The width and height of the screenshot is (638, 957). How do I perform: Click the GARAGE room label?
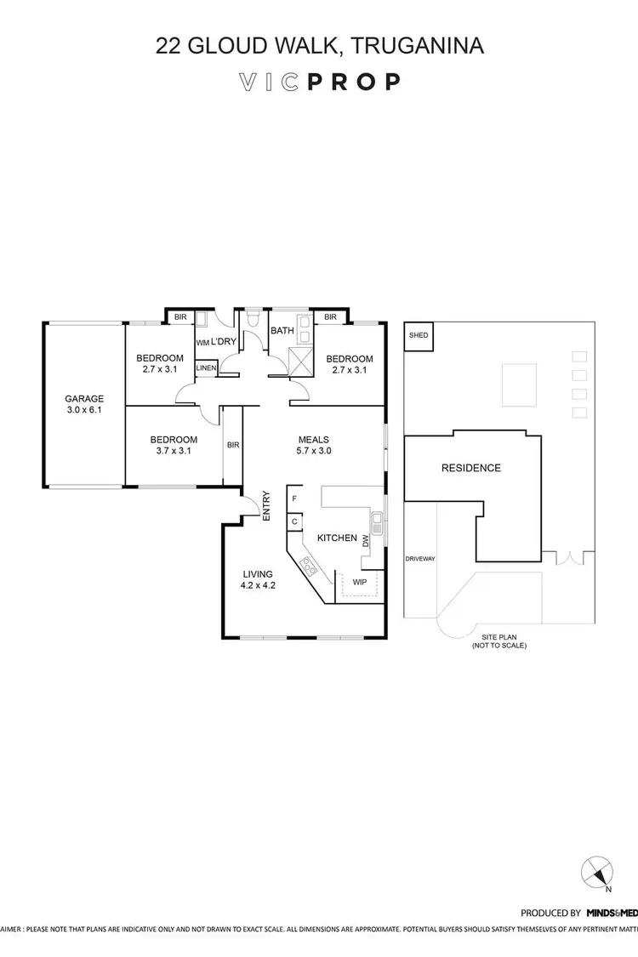click(84, 398)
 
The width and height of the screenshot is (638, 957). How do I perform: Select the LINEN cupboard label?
click(207, 368)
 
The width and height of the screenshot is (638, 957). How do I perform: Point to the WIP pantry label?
click(360, 582)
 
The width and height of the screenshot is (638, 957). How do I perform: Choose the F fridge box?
click(294, 498)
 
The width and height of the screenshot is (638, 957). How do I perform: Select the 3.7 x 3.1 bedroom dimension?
click(174, 452)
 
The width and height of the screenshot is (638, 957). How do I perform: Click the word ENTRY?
click(267, 506)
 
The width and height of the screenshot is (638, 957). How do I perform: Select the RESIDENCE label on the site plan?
click(470, 468)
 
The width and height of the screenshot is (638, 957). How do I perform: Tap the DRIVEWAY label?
click(420, 559)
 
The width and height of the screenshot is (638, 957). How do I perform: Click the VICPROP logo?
click(319, 82)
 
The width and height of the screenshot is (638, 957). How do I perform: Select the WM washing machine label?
click(202, 342)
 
